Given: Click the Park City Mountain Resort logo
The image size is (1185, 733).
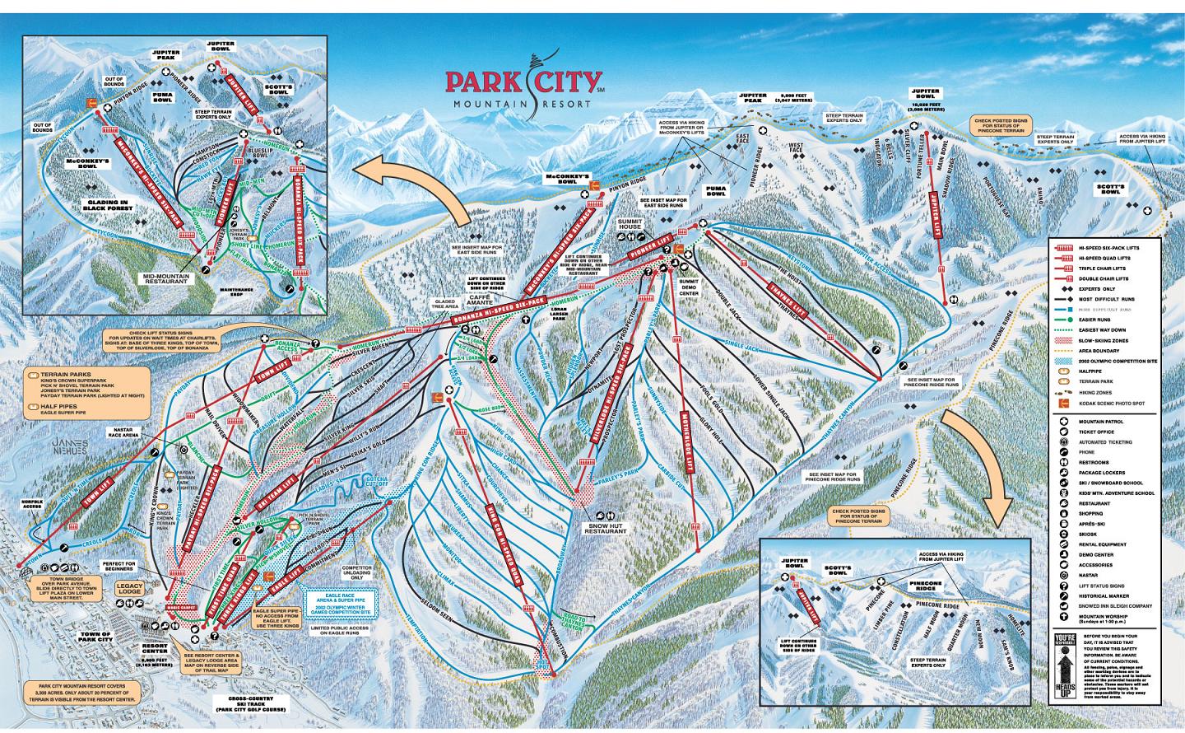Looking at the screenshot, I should [x=527, y=87].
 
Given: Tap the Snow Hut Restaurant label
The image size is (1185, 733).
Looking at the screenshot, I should [x=607, y=527].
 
